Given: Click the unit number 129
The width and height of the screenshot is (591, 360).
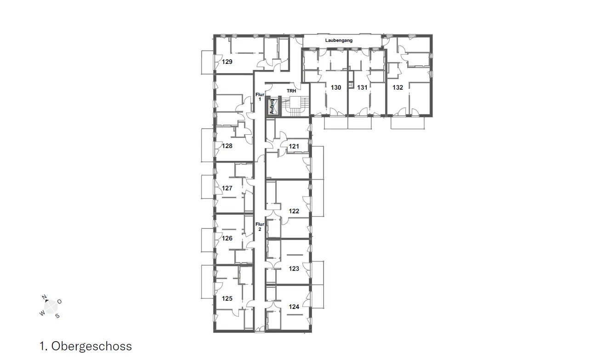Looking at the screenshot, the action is point(227,62).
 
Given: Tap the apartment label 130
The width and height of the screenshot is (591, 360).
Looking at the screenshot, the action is point(336,87).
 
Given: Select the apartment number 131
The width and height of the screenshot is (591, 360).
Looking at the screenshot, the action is point(362,87).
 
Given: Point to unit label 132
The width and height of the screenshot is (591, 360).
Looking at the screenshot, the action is point(398,87).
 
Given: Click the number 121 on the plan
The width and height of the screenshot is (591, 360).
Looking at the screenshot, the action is point(294,146).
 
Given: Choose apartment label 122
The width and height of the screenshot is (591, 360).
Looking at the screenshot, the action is point(294,211).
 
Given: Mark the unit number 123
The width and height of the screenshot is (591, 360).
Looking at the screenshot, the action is point(294,269).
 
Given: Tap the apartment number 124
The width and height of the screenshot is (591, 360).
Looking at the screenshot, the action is point(294,307).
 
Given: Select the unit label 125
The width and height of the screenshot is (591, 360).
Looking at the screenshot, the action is point(227,298).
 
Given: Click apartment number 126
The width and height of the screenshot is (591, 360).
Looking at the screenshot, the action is point(227,238).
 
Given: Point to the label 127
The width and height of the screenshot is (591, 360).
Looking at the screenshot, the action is point(227,188).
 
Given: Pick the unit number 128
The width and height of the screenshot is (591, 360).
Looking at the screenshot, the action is point(227,146).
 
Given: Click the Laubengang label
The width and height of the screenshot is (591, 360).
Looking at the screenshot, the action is point(339,40).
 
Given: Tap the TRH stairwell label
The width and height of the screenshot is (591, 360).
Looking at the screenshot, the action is point(291,91).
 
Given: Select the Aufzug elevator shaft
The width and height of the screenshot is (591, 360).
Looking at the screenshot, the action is point(272,107).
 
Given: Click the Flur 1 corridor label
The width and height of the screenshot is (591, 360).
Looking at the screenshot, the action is point(260,97).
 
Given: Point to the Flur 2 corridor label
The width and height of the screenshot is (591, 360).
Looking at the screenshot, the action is point(260,227).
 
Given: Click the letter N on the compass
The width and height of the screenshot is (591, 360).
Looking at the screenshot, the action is point(44,297).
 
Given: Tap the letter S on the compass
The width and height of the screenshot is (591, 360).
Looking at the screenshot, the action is point(57,316).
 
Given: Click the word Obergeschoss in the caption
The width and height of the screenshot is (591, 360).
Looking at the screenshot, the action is point(91,346).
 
